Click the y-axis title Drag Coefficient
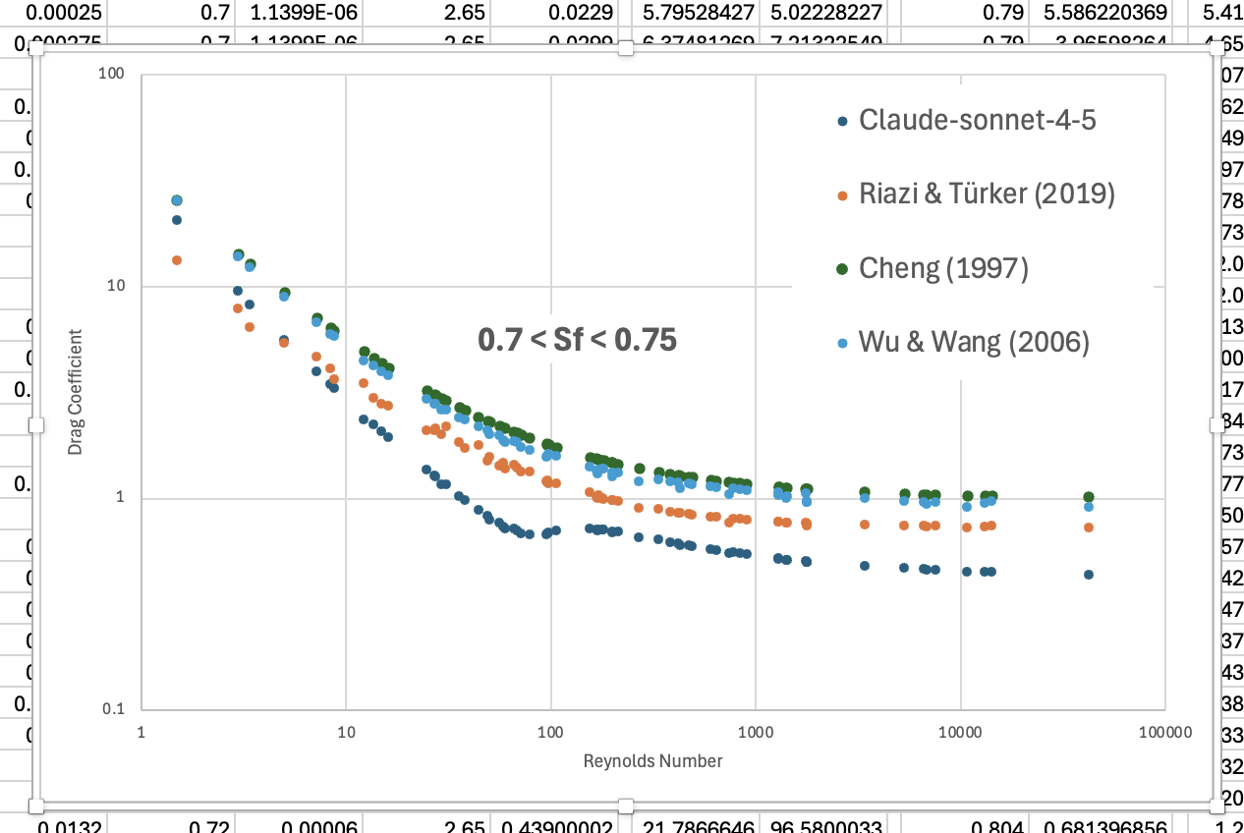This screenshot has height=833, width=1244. coord(76,391)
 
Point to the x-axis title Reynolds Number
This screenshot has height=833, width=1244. coord(652,761)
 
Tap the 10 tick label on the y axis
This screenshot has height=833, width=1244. coord(120,287)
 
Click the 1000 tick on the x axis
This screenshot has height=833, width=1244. coord(755,733)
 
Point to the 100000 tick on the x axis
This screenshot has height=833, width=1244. coord(1164,733)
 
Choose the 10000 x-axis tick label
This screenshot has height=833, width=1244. coord(959,733)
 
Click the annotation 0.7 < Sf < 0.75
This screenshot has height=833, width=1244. coord(577,340)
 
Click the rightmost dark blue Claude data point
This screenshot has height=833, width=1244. coord(1088,575)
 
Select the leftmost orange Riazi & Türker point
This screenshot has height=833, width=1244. coord(177,260)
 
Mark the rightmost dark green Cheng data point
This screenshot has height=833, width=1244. coord(1088,497)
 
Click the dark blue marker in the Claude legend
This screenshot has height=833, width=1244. coord(841,121)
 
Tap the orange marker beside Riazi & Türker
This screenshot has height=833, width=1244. coord(841,195)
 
